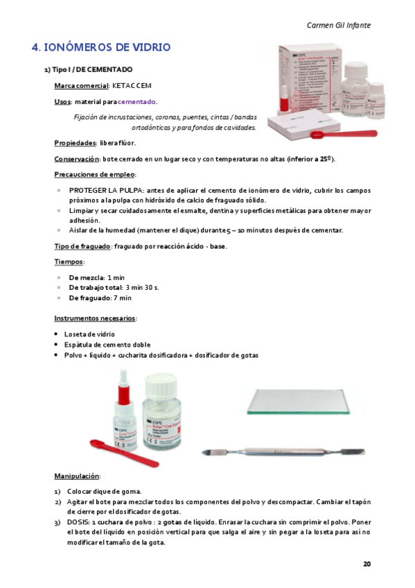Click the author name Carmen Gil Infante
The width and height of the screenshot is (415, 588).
338,25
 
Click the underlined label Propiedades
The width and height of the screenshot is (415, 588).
75,143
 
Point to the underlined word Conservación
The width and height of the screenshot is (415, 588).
77,159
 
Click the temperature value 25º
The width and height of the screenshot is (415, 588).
324,159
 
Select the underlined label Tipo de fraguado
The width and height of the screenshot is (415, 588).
82,246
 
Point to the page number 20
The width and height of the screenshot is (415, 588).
367,563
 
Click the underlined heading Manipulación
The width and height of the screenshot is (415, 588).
77,476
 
